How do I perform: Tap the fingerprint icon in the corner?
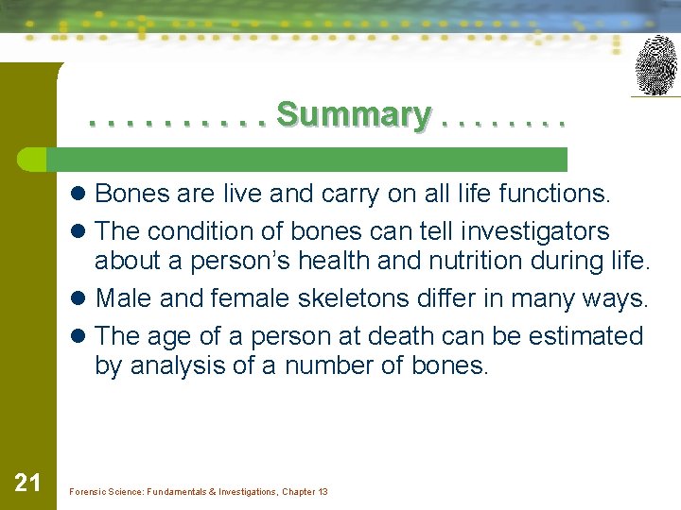pos(655,65)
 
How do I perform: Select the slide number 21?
pos(28,484)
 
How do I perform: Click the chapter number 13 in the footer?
pos(322,492)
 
